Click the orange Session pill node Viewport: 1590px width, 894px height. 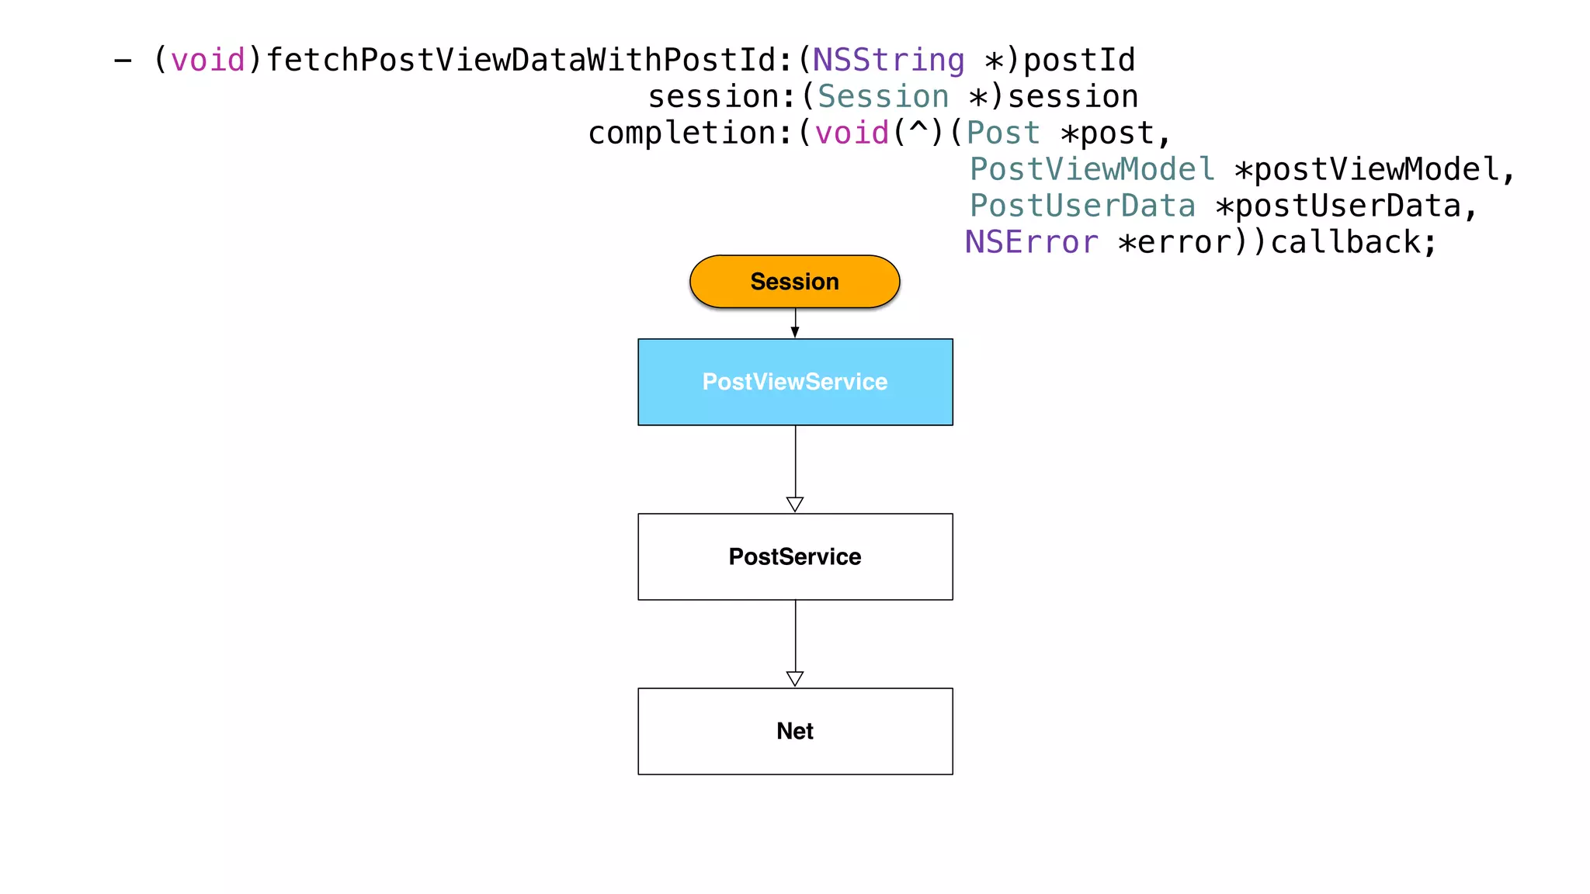(794, 282)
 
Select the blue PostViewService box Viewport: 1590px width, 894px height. (795, 382)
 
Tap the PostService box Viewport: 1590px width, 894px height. (795, 556)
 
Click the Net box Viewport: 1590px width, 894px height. (795, 731)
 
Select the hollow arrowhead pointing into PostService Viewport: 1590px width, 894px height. (795, 504)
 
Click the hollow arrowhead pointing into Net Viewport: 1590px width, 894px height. (795, 679)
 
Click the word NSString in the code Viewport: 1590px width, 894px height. (888, 61)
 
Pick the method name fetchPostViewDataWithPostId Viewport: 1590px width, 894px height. (520, 61)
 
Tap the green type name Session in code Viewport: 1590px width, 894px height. (883, 97)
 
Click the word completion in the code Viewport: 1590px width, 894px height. (681, 133)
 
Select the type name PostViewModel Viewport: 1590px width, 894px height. (1092, 169)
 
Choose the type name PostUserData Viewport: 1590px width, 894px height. (1082, 206)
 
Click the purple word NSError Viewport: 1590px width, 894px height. (1031, 242)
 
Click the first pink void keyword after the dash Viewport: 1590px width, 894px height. (207, 61)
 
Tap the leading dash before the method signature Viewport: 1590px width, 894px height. (123, 61)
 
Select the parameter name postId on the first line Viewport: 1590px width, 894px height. (1079, 61)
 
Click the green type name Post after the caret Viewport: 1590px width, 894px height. (1002, 133)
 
